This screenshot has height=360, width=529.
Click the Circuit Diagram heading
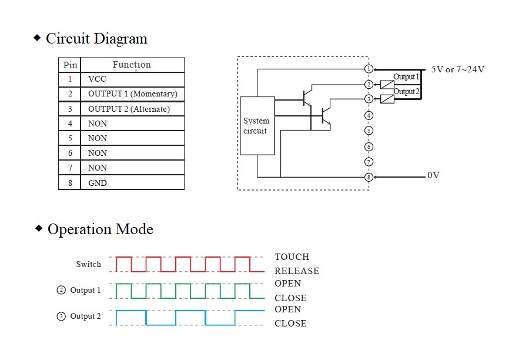pos(96,39)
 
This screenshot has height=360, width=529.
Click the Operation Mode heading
pos(100,229)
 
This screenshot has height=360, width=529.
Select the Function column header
pos(132,65)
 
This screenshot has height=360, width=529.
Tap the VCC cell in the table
pos(97,79)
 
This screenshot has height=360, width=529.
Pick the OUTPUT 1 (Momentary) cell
pos(132,94)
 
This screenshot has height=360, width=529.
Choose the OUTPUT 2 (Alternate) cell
pos(129,109)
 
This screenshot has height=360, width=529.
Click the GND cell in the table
pos(98,183)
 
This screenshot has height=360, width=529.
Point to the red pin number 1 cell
pos(70,79)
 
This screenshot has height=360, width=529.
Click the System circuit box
pos(257,126)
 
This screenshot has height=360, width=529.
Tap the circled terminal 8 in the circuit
pos(369,177)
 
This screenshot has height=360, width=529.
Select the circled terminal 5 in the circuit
pos(369,131)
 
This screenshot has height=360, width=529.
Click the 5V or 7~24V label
pos(458,69)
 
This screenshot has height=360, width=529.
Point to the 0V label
pos(433,175)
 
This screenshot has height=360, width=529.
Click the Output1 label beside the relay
pos(406,77)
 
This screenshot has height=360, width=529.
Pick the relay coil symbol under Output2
pos(387,99)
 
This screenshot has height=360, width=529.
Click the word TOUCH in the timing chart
pos(292,257)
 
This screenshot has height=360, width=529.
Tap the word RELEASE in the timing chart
pos(297,271)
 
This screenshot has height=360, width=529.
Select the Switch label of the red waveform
pos(88,265)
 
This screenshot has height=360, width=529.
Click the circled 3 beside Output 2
pos(61,316)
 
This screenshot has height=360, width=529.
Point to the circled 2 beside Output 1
pos(61,290)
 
